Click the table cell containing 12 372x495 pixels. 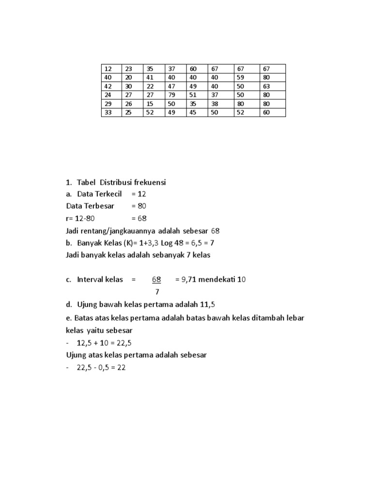111,69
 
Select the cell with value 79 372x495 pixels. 175,95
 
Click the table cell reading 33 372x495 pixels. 111,113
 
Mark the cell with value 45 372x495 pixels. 197,113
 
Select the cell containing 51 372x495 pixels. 197,95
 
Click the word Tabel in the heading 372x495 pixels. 87,182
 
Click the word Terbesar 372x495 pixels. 98,206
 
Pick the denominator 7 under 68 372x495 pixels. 157,291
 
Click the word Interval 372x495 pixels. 93,279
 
